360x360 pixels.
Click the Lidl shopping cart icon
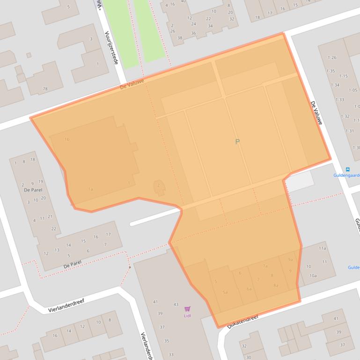[188, 309]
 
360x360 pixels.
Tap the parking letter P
[237, 142]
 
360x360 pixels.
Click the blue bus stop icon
[347, 170]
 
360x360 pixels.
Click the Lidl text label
[187, 316]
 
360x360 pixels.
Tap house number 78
[45, 89]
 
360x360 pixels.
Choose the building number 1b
[67, 139]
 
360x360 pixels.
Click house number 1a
[90, 189]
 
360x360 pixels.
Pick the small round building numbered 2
[159, 186]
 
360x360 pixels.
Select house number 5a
[225, 292]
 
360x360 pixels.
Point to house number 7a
[265, 266]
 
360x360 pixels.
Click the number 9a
[291, 260]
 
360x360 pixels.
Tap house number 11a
[322, 248]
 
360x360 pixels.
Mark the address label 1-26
[332, 58]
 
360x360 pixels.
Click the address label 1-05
[353, 90]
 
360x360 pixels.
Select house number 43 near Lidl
[176, 304]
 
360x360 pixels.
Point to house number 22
[54, 229]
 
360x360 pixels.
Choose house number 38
[180, 38]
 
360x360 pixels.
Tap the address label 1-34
[335, 85]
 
